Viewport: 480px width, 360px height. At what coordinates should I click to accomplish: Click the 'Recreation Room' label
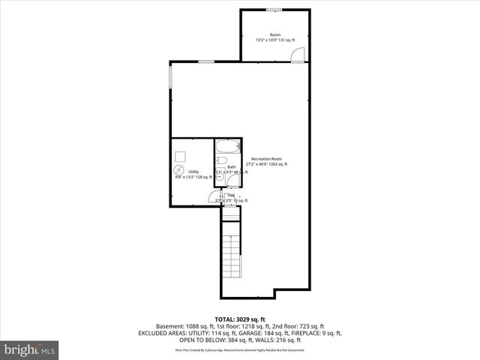coord(266,158)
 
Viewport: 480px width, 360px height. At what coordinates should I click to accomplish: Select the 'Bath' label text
coord(232,166)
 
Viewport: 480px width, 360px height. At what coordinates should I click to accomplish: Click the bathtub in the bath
coord(228,146)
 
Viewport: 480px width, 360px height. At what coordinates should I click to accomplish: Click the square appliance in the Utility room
coord(181,156)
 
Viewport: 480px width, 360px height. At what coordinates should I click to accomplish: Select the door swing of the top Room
coord(298,55)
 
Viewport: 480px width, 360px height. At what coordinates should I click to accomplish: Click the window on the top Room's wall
coord(274,10)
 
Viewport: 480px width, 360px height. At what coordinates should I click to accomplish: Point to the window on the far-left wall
coord(170,76)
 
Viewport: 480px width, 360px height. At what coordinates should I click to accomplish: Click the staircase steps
coord(232,256)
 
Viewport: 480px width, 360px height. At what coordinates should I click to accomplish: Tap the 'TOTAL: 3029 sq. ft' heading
coord(239,319)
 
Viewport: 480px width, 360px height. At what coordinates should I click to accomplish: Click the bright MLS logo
coord(30,349)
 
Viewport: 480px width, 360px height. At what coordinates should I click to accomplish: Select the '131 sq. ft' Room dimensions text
coord(286,40)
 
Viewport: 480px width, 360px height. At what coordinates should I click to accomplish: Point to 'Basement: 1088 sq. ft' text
coord(182,326)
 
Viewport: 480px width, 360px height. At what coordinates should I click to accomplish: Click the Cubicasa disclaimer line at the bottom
coord(239,349)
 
